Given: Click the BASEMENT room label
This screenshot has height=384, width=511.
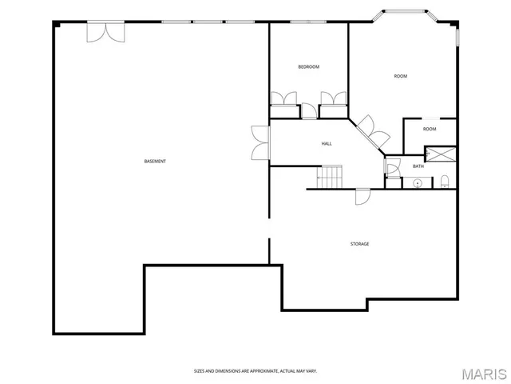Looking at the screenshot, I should click(155, 162).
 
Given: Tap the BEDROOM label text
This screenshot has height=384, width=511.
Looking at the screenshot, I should click(308, 67).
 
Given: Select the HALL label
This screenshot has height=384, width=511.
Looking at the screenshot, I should click(327, 144).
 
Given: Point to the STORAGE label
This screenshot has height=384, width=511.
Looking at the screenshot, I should click(359, 244).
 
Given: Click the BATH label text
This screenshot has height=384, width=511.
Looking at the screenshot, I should click(418, 166).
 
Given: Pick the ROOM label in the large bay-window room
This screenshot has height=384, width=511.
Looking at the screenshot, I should click(400, 77).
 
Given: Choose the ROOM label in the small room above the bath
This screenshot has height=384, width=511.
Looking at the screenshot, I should click(430, 129).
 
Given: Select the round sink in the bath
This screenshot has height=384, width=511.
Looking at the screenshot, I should click(417, 183).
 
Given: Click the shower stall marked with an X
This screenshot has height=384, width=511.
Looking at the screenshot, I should click(440, 154).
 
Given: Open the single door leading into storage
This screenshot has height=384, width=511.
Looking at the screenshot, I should click(362, 196).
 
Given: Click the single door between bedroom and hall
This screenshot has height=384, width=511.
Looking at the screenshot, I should click(309, 111).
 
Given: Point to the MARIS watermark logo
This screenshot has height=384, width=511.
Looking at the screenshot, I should click(485, 372).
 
